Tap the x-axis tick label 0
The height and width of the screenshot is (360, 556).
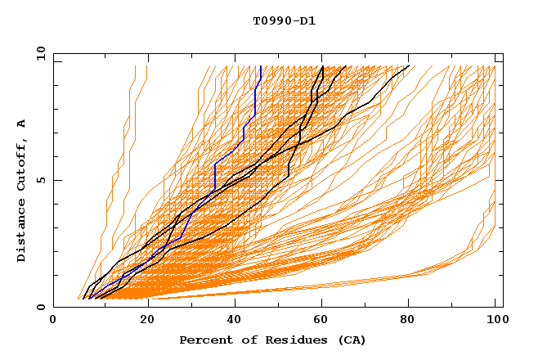coord(53,321)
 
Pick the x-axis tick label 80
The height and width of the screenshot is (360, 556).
coord(407,321)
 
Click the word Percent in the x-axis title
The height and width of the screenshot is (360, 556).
coord(205,340)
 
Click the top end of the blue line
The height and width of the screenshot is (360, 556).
coord(260,66)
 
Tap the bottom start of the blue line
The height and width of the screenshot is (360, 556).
coord(89,298)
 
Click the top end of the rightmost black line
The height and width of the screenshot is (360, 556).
coord(409,66)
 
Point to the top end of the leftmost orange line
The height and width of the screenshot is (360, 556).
coord(136,66)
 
